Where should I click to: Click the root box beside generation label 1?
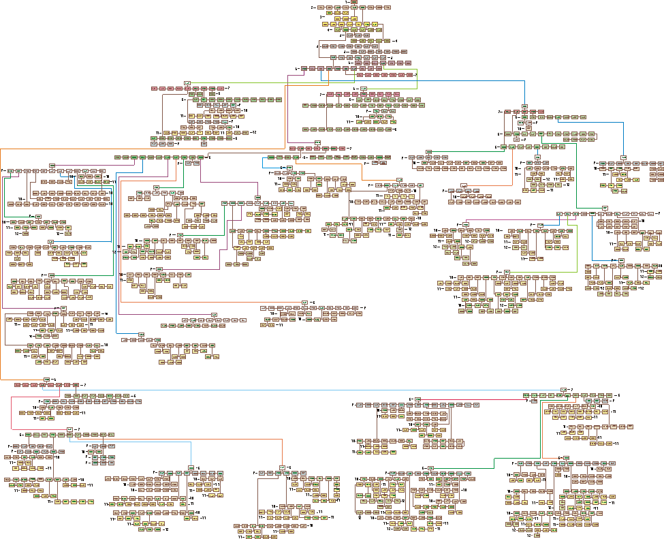pyautogui.click(x=354, y=2)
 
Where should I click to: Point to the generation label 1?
pyautogui.click(x=347, y=2)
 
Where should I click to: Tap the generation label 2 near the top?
pyautogui.click(x=313, y=7)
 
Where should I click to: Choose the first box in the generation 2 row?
pyautogui.click(x=321, y=7)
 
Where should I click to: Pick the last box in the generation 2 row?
pyautogui.click(x=388, y=7)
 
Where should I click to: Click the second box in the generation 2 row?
pyautogui.click(x=330, y=7)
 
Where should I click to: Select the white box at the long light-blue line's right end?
pyautogui.click(x=564, y=390)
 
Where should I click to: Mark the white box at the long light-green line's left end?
pyautogui.click(x=187, y=83)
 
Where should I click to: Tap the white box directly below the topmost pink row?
pyautogui.click(x=317, y=142)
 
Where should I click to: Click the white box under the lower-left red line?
pyautogui.click(x=69, y=429)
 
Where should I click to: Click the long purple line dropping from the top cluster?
pyautogui.click(x=288, y=109)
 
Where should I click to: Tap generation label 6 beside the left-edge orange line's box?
pyautogui.click(x=54, y=379)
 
